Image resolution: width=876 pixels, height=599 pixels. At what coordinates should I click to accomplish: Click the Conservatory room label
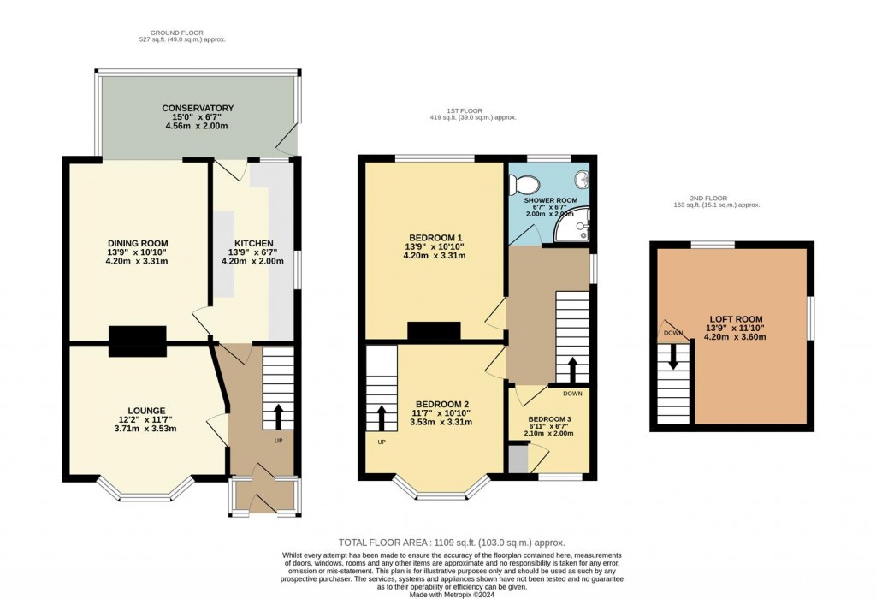pos(198,109)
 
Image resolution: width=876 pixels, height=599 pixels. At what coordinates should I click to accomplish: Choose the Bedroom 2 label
pos(442,404)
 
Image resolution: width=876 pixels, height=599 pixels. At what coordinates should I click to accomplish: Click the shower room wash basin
pos(582,180)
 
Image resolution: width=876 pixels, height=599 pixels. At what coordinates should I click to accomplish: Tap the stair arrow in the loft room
pos(672,356)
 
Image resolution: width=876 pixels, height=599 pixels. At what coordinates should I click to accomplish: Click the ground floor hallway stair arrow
pos(278,417)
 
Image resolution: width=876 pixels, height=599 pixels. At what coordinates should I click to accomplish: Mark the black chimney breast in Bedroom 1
pos(435,330)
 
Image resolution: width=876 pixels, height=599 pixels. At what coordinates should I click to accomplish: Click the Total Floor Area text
pos(452,543)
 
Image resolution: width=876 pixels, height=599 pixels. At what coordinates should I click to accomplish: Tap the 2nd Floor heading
pos(716,199)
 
